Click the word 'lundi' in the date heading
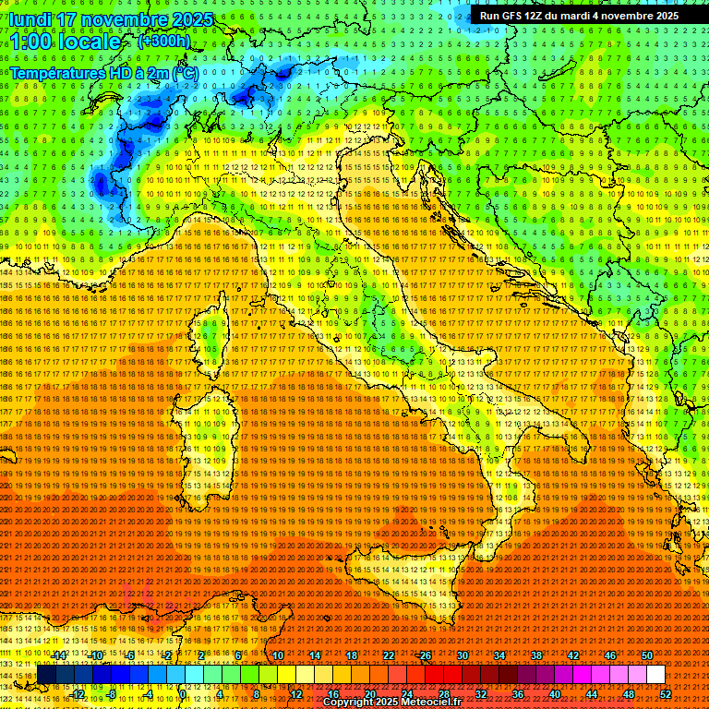(31, 19)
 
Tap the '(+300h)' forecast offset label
(163, 41)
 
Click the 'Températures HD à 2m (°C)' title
(104, 72)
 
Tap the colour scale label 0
(183, 694)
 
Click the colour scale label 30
(463, 655)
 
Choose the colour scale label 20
(369, 694)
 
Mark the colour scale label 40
(555, 694)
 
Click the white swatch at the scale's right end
(655, 675)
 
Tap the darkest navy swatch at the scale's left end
(46, 675)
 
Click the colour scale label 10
(277, 655)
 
